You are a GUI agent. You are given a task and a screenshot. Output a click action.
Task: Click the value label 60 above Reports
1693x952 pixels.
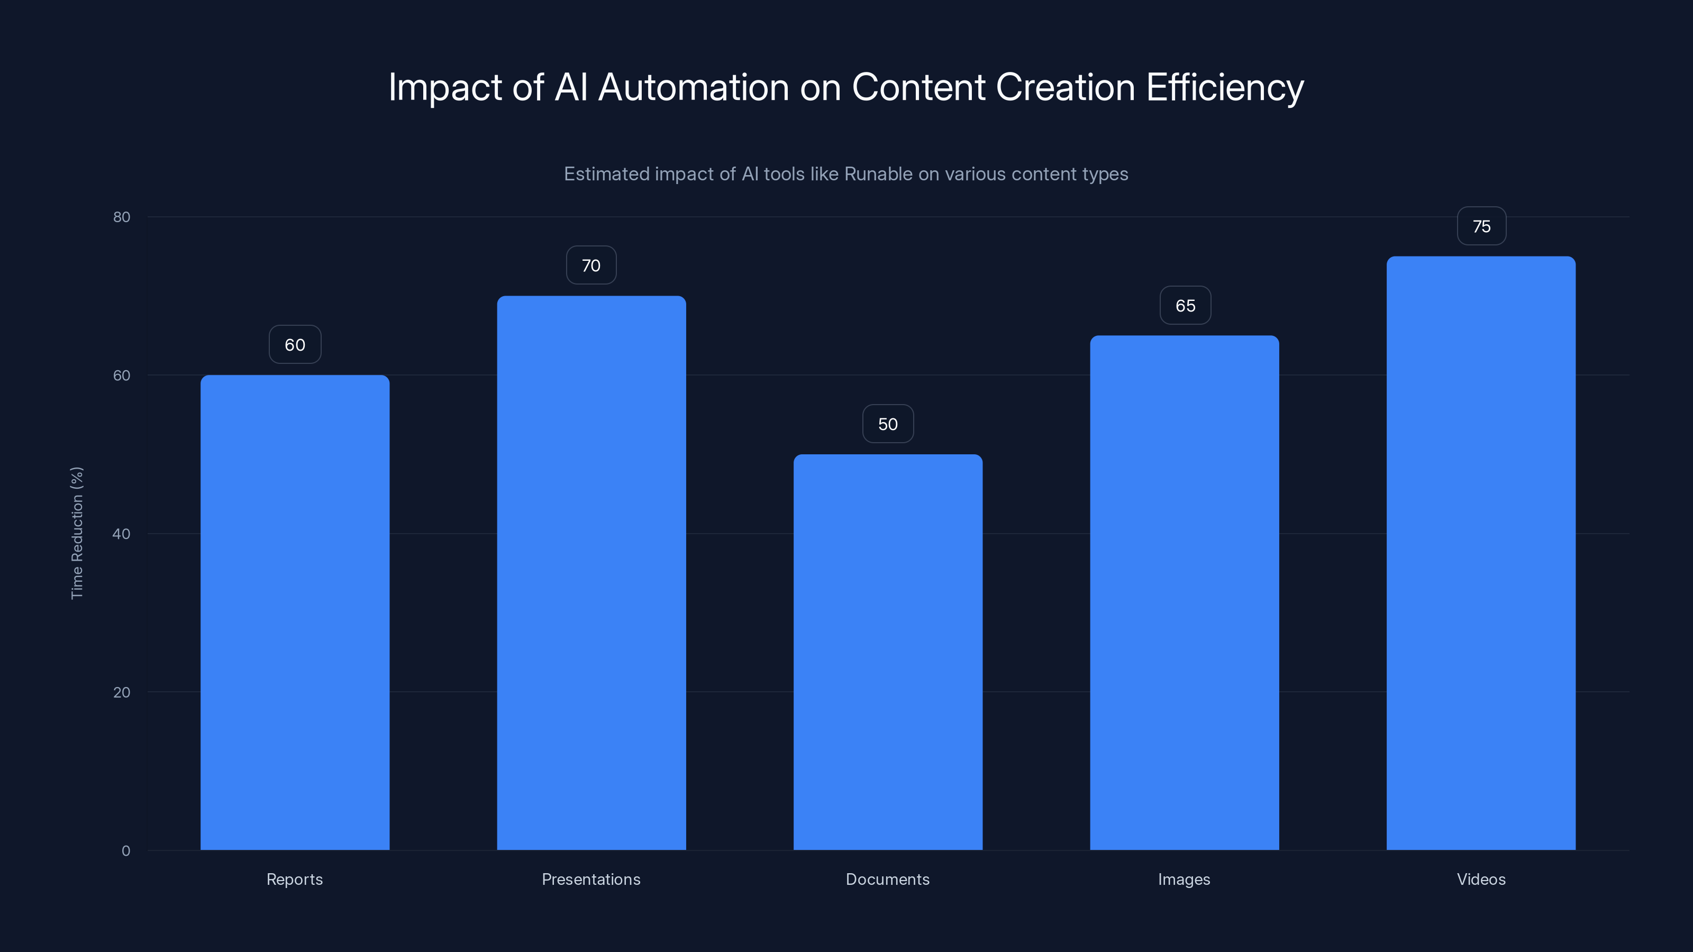295,345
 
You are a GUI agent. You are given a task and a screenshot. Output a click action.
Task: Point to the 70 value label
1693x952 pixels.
591,266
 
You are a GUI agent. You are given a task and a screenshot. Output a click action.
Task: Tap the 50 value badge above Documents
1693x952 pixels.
887,424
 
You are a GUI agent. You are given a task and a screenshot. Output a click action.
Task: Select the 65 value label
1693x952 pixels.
1185,306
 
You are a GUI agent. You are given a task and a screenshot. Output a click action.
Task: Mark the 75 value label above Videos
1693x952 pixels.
1481,226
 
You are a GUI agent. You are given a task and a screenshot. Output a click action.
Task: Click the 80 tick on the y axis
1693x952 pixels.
122,217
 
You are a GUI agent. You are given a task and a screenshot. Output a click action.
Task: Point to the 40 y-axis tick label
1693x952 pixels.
122,534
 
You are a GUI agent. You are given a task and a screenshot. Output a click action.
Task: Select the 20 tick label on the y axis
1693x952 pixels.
122,692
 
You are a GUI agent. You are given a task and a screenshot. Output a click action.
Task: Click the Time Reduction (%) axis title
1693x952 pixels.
77,533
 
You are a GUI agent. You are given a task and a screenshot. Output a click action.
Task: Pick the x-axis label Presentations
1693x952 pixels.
591,879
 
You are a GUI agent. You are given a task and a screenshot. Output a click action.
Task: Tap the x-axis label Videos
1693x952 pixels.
1481,879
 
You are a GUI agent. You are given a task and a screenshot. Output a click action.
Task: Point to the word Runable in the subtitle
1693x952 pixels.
878,174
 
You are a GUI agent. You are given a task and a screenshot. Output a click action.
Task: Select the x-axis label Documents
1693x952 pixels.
887,879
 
